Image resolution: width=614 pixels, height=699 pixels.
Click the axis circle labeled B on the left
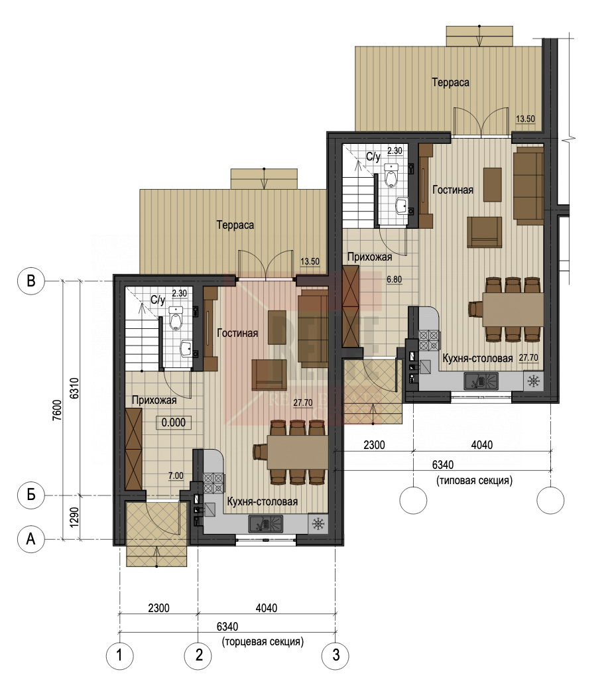pos(31,281)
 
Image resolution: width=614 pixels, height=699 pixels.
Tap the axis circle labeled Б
pos(31,494)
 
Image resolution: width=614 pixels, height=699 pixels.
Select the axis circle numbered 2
pos(198,655)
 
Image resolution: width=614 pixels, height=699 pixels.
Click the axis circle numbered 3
pos(336,655)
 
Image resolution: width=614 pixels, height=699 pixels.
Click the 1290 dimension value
pos(74,517)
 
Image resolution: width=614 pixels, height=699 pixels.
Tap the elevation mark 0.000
pos(173,422)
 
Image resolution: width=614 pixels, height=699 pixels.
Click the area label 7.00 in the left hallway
pos(176,476)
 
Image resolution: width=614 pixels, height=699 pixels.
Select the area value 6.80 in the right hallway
pos(394,279)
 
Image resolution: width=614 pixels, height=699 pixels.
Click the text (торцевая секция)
pos(263,641)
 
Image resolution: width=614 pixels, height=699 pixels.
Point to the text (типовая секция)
pos(475,480)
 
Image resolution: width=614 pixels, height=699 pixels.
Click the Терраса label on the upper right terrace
pos(450,82)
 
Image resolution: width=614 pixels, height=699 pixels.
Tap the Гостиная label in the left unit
pos(237,333)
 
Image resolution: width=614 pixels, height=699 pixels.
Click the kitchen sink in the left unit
pos(266,524)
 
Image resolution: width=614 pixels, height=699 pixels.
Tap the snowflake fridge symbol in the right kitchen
pos(534,381)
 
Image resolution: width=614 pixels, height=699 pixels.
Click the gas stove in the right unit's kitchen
pos(428,340)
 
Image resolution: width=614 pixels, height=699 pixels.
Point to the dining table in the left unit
pos(298,452)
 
